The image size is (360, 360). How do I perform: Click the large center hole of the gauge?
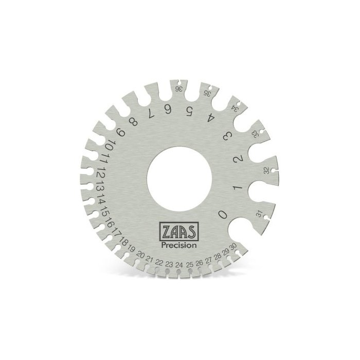(179, 179)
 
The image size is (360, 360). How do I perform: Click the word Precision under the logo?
(179, 245)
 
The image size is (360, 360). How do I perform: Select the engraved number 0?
(223, 215)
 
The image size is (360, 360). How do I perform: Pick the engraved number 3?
(228, 136)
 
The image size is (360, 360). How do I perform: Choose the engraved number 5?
(189, 112)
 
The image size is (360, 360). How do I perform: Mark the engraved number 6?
(168, 110)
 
